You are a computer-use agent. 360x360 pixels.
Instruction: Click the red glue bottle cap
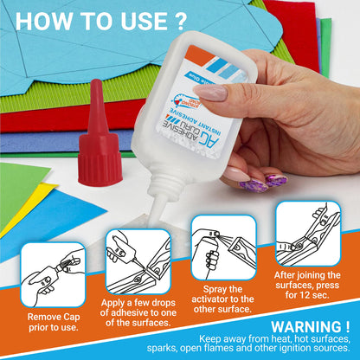[x=99, y=150]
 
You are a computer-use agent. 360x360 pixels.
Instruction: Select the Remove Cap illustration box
[x=53, y=274]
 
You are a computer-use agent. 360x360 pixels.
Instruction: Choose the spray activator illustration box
[x=222, y=247]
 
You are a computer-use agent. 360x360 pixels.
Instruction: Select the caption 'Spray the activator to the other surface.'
[x=223, y=298]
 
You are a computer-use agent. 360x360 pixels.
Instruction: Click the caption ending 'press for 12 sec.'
[x=307, y=284]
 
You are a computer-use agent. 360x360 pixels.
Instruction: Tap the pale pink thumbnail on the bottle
[x=210, y=92]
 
